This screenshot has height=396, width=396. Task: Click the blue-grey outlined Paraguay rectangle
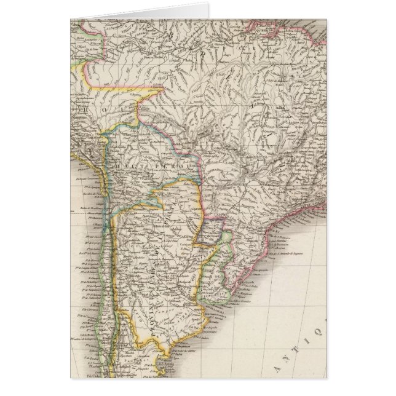point(210,231)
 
